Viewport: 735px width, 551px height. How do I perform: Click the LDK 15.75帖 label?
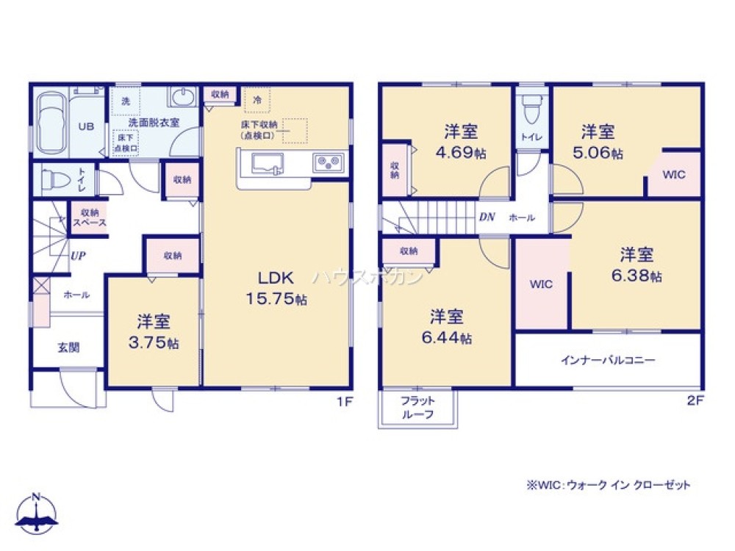(276, 287)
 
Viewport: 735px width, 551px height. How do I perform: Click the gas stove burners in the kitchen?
(327, 163)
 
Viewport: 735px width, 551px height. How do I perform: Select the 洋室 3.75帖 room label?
(154, 331)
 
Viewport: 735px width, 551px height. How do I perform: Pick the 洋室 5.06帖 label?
(598, 142)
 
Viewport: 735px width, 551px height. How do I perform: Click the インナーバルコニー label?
(608, 361)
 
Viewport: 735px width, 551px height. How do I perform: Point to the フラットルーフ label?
(417, 408)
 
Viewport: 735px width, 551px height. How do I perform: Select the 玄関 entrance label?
(68, 347)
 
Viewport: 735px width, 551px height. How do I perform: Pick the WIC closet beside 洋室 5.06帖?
(674, 175)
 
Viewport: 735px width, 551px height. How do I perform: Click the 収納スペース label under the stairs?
(89, 217)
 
